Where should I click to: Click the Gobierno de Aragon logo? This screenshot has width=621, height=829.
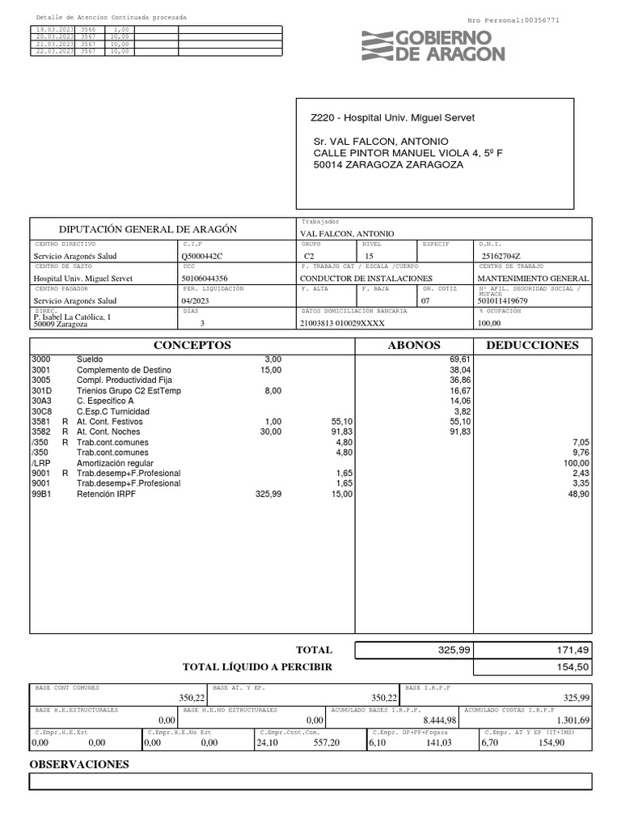click(x=433, y=46)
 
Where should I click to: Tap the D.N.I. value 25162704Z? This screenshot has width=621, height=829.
click(x=501, y=256)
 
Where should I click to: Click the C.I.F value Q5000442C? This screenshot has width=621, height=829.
click(x=202, y=256)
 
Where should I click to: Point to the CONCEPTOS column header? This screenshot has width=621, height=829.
click(x=192, y=345)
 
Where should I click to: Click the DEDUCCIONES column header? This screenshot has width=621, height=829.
click(x=532, y=345)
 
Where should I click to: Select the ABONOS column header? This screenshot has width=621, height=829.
click(x=414, y=345)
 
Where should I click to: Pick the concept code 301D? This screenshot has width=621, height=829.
click(x=40, y=390)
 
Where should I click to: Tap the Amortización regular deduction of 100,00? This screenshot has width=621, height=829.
click(x=576, y=464)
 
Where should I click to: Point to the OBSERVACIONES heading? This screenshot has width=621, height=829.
click(x=79, y=763)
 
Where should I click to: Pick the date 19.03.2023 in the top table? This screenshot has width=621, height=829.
click(x=54, y=29)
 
